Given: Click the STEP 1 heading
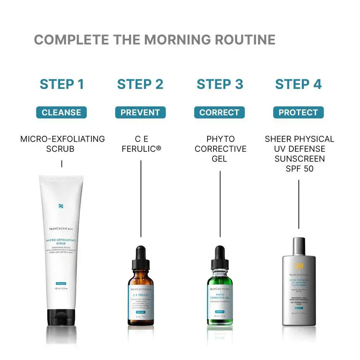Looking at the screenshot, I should pyautogui.click(x=62, y=84).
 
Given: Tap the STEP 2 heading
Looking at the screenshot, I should pyautogui.click(x=140, y=84).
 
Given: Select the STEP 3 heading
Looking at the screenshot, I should pyautogui.click(x=219, y=84).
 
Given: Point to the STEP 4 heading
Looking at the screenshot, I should pyautogui.click(x=298, y=84).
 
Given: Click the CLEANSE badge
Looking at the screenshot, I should pyautogui.click(x=62, y=113).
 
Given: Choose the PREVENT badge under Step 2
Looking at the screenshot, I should pyautogui.click(x=140, y=113).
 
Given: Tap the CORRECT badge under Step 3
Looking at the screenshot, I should pyautogui.click(x=219, y=113).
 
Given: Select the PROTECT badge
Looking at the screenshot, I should pyautogui.click(x=298, y=113).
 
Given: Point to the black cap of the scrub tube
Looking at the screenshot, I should pyautogui.click(x=62, y=317).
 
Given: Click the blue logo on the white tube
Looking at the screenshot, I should pyautogui.click(x=61, y=206).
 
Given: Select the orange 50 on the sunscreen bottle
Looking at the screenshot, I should pyautogui.click(x=299, y=266).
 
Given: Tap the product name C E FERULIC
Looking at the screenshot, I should pyautogui.click(x=141, y=144).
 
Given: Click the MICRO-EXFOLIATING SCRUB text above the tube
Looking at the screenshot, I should pyautogui.click(x=62, y=144).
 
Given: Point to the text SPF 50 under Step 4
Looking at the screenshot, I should pyautogui.click(x=299, y=169).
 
